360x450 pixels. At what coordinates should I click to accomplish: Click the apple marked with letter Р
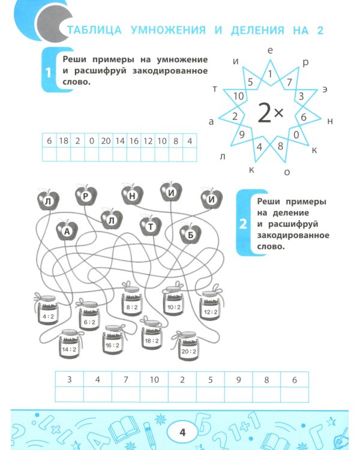(85, 195)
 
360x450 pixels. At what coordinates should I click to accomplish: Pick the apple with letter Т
(150, 226)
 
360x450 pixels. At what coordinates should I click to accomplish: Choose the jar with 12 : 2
(211, 310)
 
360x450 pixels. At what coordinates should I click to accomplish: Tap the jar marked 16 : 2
(112, 344)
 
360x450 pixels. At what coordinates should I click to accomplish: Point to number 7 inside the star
(289, 82)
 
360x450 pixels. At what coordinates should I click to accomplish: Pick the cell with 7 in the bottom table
(126, 379)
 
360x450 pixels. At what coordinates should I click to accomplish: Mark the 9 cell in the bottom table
(238, 379)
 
